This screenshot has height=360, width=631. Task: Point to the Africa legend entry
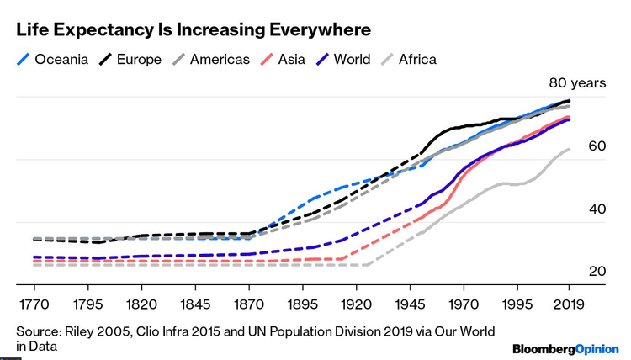417,59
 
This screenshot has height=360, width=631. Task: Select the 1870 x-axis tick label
248,303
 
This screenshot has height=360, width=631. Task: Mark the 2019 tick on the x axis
569,303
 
